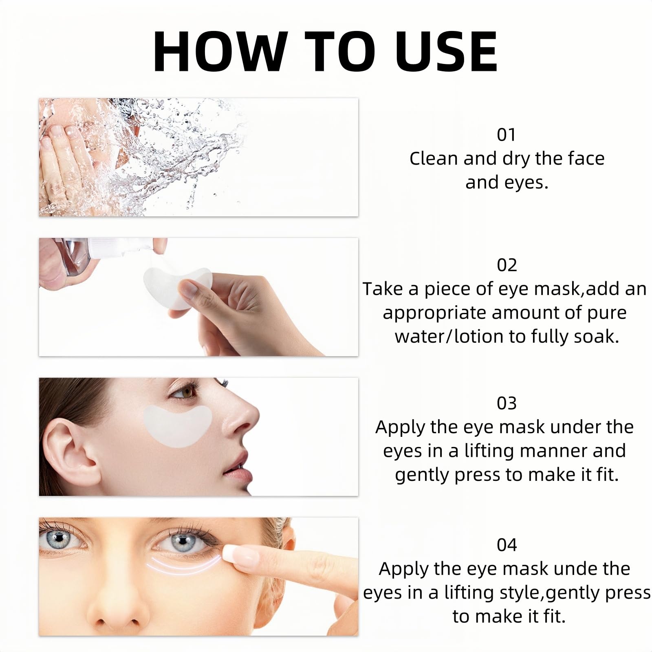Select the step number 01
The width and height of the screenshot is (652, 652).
507,134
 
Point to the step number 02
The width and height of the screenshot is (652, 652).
507,265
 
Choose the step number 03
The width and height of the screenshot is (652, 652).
507,403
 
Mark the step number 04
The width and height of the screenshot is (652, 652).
507,545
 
